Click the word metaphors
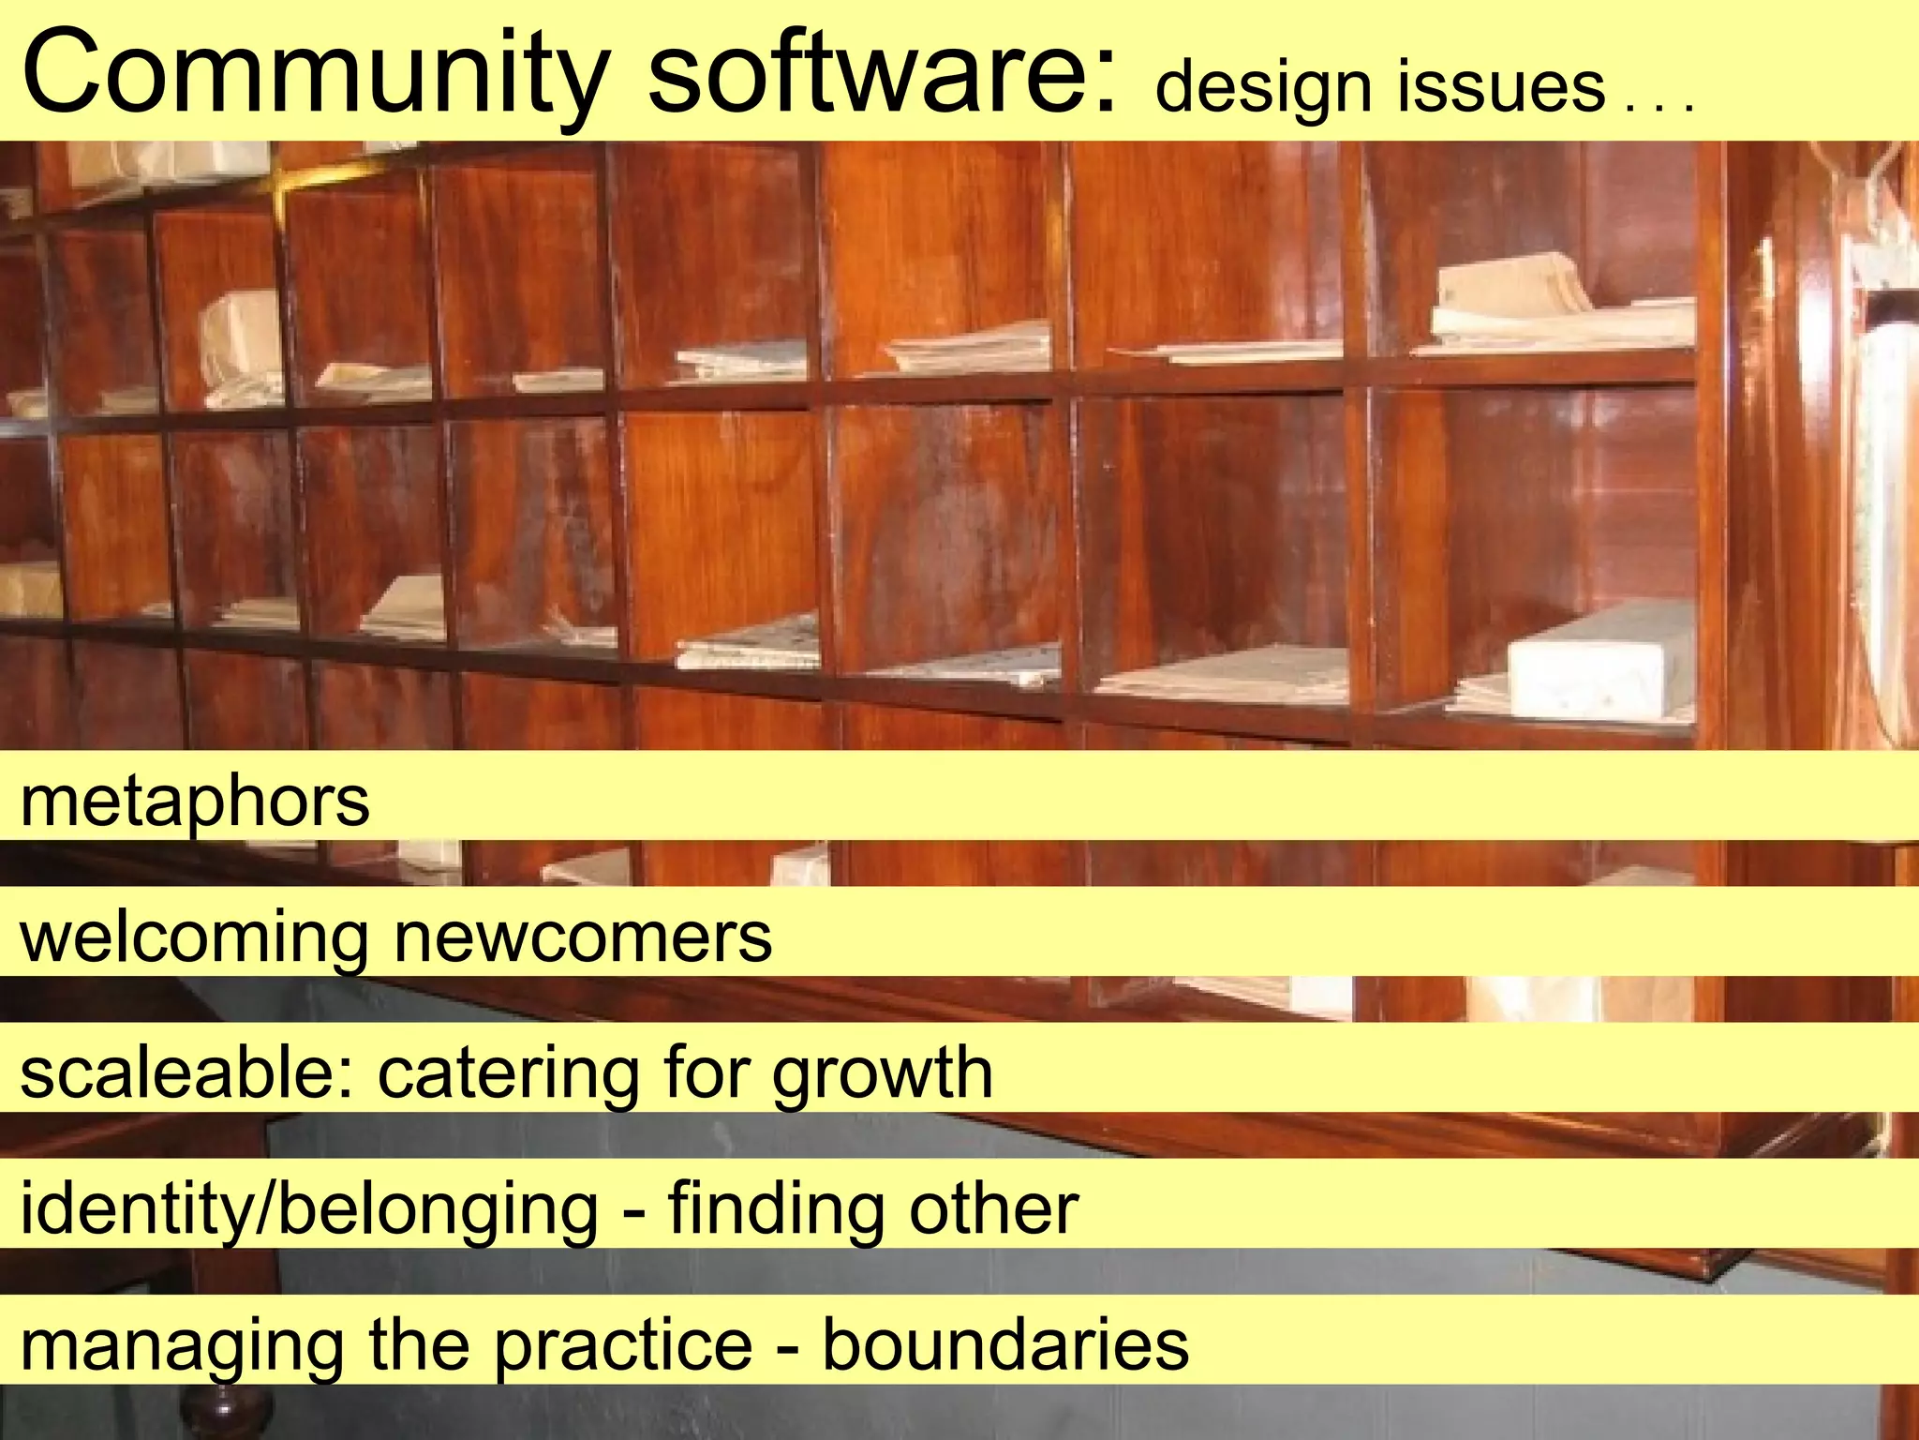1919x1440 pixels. coord(195,802)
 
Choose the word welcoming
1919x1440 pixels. coord(195,937)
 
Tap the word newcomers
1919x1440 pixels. coord(583,937)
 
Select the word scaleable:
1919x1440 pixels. coord(187,1072)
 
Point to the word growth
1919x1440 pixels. coord(882,1072)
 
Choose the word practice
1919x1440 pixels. coord(623,1345)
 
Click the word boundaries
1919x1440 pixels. coord(1005,1345)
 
